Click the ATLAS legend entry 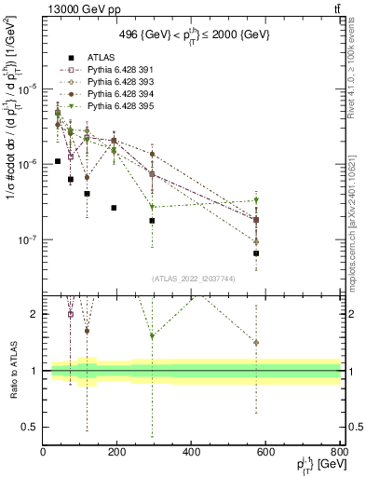pos(85,56)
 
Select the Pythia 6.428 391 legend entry pos(107,69)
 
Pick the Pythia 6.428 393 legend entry pos(107,81)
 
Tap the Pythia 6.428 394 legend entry pos(107,93)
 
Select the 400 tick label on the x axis pos(192,454)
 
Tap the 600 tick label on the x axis pos(265,454)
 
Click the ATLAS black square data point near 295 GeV pos(152,221)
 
